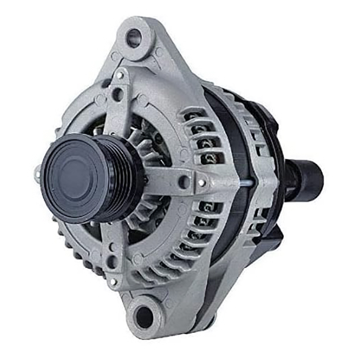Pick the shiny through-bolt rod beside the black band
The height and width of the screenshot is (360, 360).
(247, 183)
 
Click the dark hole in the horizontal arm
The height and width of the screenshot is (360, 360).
(184, 182)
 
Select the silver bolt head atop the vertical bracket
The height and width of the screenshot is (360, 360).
(121, 75)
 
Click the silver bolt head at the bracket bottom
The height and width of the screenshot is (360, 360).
(113, 281)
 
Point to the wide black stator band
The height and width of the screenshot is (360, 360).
(229, 178)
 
